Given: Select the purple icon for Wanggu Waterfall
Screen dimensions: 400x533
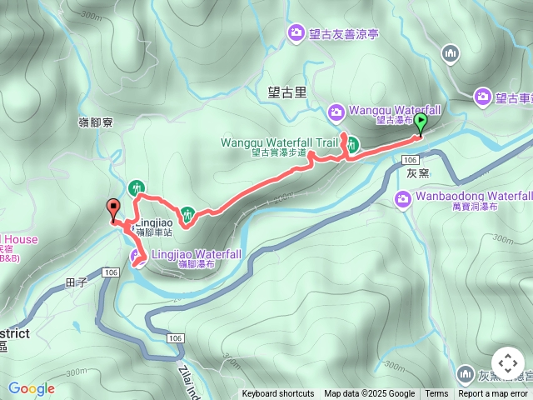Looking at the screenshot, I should [336, 111].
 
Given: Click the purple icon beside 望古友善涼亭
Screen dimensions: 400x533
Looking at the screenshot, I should [296, 33].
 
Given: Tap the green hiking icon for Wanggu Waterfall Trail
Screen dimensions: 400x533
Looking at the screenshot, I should [351, 142].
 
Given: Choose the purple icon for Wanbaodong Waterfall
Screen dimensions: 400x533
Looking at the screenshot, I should [403, 199].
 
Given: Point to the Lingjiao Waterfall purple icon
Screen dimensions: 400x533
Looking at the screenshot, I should [137, 254].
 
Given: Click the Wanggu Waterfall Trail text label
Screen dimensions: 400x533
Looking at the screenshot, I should [280, 142].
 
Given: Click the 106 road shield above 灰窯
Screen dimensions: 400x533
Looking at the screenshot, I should [409, 159].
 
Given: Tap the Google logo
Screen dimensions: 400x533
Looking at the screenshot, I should [31, 388].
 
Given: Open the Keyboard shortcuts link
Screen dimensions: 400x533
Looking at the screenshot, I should [278, 394].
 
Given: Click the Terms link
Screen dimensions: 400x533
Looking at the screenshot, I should [436, 394].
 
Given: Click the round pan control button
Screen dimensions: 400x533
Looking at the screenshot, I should [507, 364].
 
